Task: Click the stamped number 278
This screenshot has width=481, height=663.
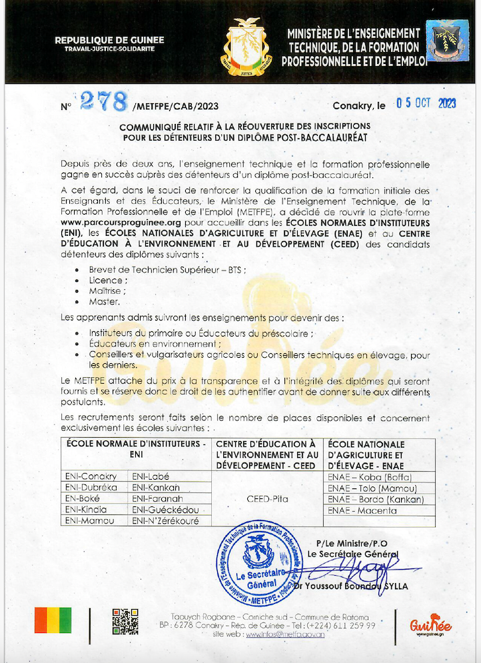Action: tap(103, 101)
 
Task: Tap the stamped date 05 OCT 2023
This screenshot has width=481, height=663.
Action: tap(426, 103)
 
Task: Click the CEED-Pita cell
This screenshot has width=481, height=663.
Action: tap(266, 498)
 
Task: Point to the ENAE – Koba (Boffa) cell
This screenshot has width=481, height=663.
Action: tap(370, 477)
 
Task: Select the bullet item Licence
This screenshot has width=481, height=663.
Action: tap(105, 281)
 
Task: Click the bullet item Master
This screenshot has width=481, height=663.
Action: tap(104, 302)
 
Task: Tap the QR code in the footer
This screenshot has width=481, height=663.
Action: tap(125, 622)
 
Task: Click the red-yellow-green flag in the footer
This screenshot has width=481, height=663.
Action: tap(53, 620)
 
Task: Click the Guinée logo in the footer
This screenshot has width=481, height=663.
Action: tap(431, 625)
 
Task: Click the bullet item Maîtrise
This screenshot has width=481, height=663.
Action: tap(107, 291)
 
